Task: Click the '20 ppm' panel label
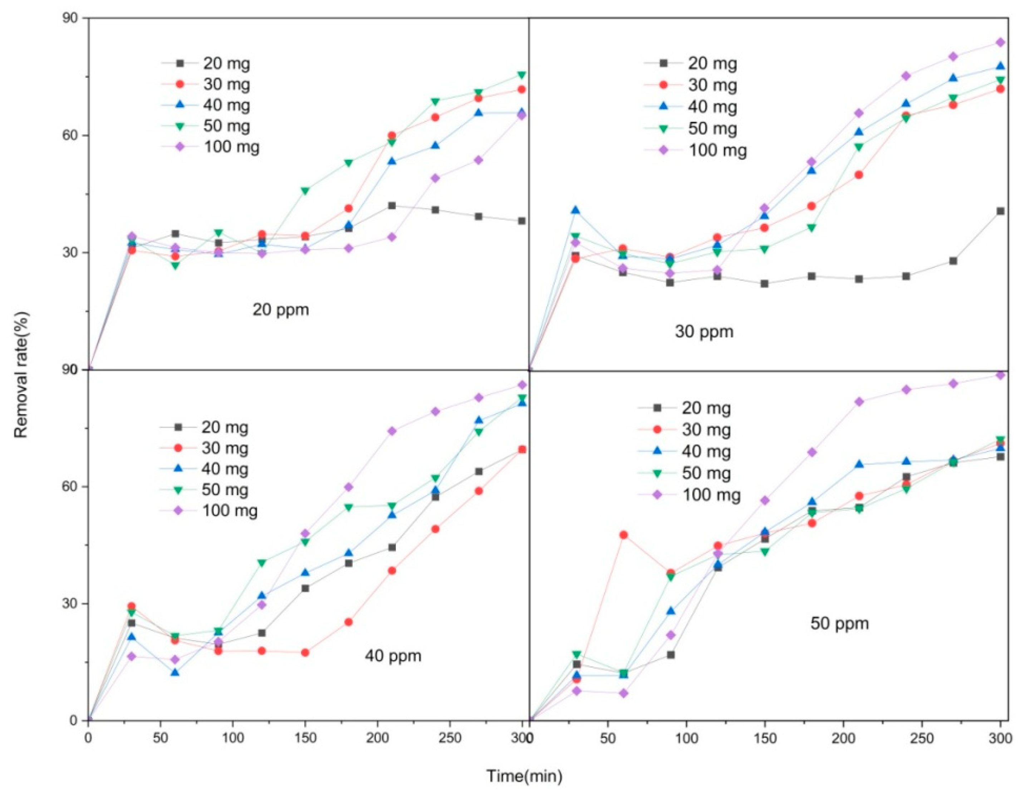click(x=281, y=310)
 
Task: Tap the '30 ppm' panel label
click(x=704, y=332)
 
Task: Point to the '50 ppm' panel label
click(x=840, y=623)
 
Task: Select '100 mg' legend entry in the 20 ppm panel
click(x=231, y=147)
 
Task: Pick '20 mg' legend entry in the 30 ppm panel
click(x=712, y=63)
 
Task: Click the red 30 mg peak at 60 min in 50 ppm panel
click(x=624, y=535)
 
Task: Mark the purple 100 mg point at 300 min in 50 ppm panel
click(x=1000, y=375)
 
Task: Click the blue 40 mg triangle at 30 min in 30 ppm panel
click(x=575, y=210)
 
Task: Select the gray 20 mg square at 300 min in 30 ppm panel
click(x=1000, y=211)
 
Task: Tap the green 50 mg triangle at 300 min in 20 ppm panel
click(x=521, y=75)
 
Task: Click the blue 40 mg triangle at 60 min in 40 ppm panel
click(x=175, y=673)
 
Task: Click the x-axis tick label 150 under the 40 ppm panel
click(x=305, y=738)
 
